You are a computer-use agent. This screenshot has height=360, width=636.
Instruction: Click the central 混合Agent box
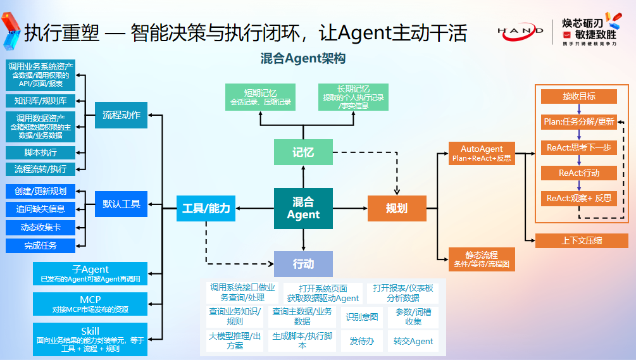[x=303, y=208]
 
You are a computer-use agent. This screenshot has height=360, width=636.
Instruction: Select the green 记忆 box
[x=303, y=152]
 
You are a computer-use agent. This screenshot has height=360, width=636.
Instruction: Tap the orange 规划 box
[x=396, y=208]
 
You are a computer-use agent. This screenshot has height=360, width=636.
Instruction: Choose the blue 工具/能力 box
[x=206, y=208]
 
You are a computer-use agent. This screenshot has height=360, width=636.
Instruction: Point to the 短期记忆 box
[x=260, y=97]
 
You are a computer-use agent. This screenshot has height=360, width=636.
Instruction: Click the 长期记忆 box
[x=353, y=97]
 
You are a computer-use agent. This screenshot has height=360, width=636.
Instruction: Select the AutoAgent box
[x=482, y=153]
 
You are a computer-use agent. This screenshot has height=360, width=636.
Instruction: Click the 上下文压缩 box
[x=582, y=240]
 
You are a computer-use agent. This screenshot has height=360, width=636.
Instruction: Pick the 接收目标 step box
[x=578, y=96]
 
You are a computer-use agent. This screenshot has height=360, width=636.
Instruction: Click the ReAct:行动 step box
[x=578, y=172]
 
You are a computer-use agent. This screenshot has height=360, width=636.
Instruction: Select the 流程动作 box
[x=121, y=115]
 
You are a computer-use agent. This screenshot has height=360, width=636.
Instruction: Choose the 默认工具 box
[x=121, y=204]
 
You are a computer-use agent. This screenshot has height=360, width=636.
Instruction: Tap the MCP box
[x=90, y=304]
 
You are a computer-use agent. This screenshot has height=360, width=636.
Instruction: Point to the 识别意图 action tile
[x=362, y=317]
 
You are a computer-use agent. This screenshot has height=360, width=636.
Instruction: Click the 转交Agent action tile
[x=413, y=341]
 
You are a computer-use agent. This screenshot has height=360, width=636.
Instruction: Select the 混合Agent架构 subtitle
[x=303, y=59]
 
